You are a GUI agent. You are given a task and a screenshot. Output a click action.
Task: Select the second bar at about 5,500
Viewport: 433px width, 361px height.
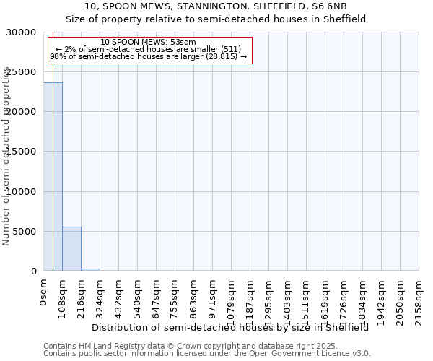coord(71,249)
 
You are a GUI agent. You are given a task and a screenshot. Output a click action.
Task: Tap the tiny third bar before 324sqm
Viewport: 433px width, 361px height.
coord(90,269)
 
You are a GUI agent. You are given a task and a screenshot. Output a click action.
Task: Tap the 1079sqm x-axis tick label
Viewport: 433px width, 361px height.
coord(232,298)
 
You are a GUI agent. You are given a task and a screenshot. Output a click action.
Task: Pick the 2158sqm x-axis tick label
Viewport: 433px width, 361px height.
coord(419,298)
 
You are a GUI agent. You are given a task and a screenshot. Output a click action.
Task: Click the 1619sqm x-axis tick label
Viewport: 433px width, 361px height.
coord(325,298)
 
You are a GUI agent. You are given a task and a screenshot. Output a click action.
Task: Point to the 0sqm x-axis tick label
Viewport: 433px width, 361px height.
coord(43,292)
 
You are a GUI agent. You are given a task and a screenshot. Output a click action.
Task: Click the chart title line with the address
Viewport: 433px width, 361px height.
coord(216,7)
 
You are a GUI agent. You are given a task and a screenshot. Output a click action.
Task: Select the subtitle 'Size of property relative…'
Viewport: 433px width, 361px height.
coord(216,19)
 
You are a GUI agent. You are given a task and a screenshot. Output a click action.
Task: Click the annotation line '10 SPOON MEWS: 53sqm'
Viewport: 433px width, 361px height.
coord(148,43)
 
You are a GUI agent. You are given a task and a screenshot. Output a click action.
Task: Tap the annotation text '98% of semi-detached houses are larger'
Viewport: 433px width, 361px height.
coord(148,56)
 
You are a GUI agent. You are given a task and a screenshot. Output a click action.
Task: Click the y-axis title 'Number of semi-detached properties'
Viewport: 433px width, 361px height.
coord(6,156)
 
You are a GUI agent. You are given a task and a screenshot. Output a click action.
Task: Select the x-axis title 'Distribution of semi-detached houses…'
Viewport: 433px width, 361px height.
coord(230,327)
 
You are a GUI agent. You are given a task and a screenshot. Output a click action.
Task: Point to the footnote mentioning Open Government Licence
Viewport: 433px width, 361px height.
coord(207,354)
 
